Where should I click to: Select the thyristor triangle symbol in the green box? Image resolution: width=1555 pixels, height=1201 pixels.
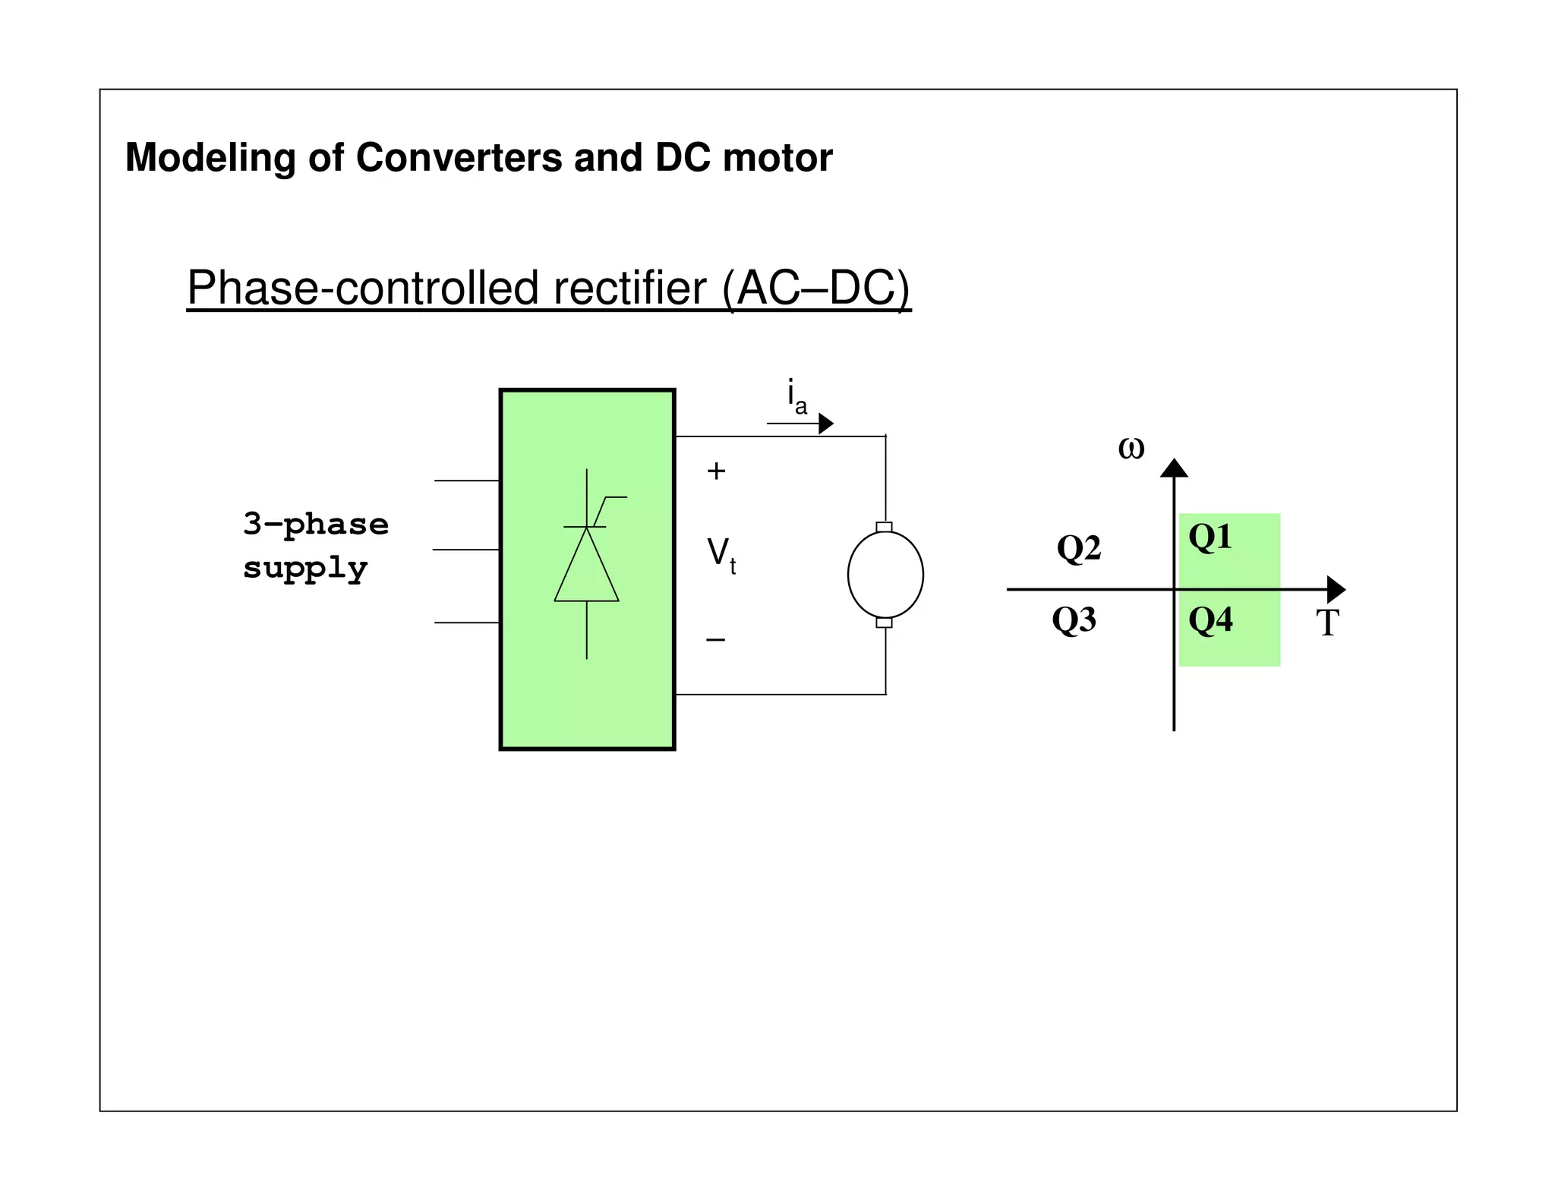(x=586, y=566)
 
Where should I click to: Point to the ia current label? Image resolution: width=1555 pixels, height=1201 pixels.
(x=796, y=396)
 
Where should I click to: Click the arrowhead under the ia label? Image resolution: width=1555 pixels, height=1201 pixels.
(x=825, y=423)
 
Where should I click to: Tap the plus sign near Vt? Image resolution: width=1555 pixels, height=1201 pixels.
(x=716, y=471)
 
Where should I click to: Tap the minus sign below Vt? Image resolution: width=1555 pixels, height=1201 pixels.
(x=715, y=640)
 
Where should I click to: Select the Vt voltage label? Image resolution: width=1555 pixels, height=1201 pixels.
(x=721, y=555)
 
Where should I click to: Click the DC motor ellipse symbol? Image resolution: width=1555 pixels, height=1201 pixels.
(x=885, y=575)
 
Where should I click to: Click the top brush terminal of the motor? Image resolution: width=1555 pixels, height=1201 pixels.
(x=884, y=527)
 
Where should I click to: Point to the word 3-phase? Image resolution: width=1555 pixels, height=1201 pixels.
(x=316, y=525)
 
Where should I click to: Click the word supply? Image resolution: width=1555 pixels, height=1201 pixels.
(x=305, y=568)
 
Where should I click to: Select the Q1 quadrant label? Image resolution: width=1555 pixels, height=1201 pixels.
(x=1210, y=537)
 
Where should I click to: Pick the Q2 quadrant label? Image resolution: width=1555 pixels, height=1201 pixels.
(x=1078, y=547)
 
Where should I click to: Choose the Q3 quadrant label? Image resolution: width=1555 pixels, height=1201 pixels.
(x=1074, y=620)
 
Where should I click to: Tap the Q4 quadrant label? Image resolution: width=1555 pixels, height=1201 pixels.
(x=1210, y=620)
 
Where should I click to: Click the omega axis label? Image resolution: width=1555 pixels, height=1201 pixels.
(x=1131, y=448)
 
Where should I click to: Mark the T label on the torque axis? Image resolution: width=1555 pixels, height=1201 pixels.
(x=1327, y=623)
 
